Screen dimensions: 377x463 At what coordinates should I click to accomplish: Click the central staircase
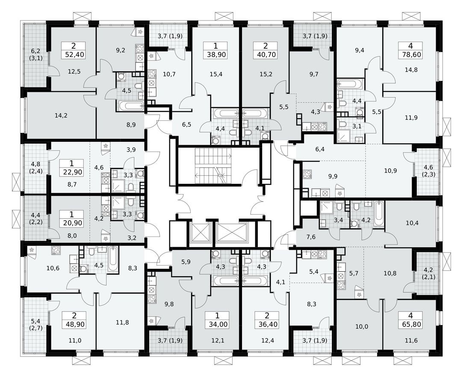point(212,164)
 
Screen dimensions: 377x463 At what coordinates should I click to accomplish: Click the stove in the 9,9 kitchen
point(307,174)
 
